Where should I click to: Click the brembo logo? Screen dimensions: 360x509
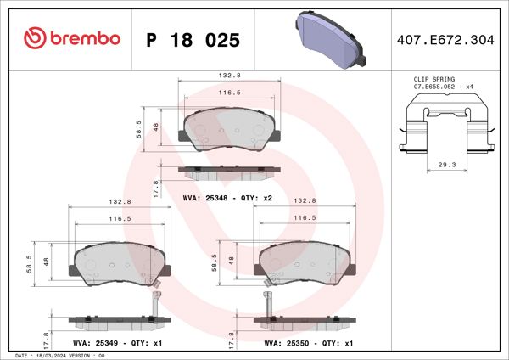(72, 38)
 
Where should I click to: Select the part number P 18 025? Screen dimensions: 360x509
(193, 40)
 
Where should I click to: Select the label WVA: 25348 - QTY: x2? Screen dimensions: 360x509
(227, 198)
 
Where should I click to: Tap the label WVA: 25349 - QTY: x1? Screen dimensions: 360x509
(118, 344)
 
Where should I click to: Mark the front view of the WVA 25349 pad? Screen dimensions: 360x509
(118, 262)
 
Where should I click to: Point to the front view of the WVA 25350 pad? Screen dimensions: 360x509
(304, 262)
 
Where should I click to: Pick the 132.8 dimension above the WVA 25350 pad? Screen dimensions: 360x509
(304, 201)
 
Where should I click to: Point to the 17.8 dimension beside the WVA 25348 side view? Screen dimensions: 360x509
(155, 188)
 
